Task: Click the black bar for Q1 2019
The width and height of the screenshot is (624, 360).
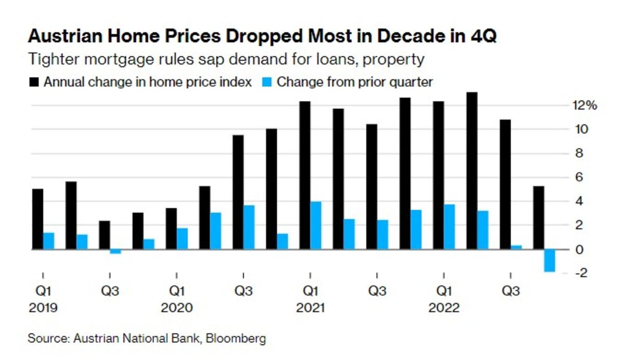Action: click(37, 218)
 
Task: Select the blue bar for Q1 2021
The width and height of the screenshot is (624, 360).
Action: click(316, 225)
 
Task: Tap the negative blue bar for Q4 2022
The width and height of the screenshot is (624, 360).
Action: click(549, 260)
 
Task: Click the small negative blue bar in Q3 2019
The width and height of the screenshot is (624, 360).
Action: click(115, 251)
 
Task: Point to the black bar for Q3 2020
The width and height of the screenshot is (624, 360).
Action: click(238, 192)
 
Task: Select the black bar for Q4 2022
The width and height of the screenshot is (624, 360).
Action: click(538, 217)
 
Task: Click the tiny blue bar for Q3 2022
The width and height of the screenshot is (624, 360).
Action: click(516, 247)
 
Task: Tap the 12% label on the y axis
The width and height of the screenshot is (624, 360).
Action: click(584, 106)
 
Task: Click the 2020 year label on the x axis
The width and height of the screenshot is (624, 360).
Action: click(176, 308)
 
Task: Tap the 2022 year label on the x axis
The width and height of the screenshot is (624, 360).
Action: click(444, 308)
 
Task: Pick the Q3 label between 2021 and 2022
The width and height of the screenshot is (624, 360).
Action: click(377, 291)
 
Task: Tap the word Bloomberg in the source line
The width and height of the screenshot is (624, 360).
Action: click(236, 339)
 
